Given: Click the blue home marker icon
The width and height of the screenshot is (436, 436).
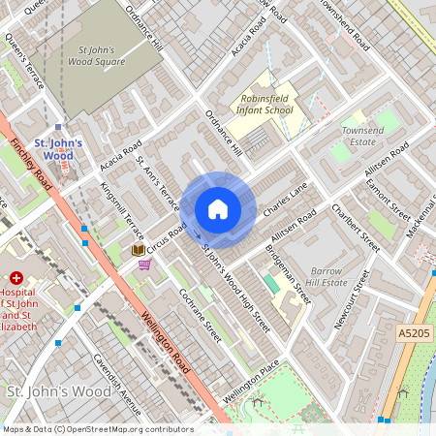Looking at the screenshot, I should click(218, 209).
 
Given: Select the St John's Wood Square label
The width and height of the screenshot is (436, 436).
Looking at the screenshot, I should click(102, 55).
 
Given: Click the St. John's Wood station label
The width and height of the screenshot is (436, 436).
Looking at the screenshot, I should click(58, 149).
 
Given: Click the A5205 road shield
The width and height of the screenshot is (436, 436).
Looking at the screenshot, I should click(414, 332).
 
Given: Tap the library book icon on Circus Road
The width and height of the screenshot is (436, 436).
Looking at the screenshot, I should click(139, 250).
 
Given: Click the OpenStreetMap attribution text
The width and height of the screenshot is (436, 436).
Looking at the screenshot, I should click(97, 429).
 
